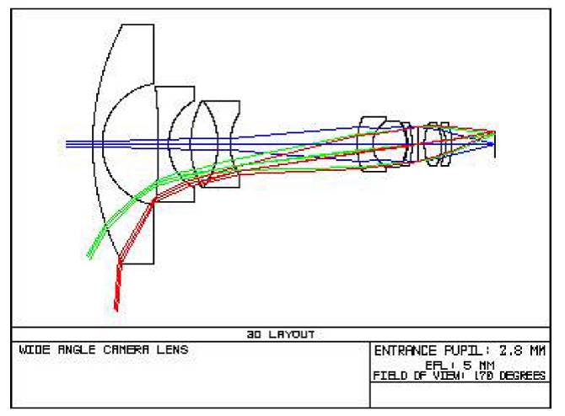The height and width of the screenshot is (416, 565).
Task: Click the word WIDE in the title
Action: click(x=35, y=349)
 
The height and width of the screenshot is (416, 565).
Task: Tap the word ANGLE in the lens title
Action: click(x=77, y=349)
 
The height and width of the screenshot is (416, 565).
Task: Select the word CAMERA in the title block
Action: click(x=126, y=349)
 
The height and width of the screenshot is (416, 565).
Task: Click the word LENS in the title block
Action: click(x=172, y=349)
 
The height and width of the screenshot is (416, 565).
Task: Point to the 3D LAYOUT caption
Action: click(x=280, y=334)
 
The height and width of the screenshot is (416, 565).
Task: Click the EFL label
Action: click(x=437, y=365)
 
